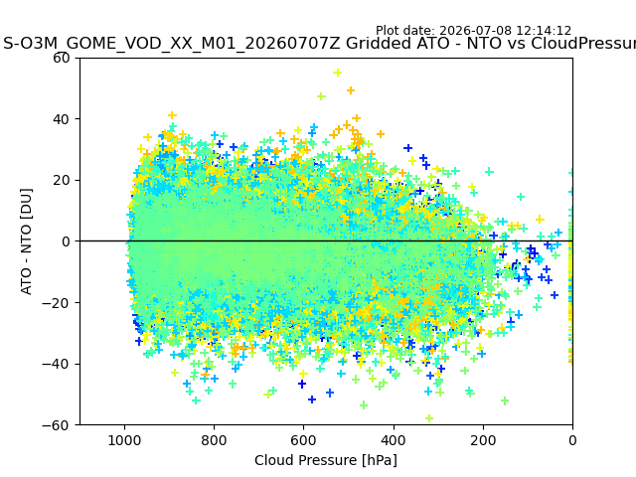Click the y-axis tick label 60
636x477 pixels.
61,58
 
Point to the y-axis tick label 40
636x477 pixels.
61,119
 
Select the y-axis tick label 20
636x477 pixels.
61,181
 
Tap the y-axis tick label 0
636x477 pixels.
66,241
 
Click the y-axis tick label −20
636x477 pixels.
56,303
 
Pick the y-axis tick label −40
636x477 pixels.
56,365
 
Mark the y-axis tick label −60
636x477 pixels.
56,425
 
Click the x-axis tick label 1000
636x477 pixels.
124,440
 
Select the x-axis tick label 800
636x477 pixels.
215,440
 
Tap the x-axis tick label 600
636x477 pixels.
304,440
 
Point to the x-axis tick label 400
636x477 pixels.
394,440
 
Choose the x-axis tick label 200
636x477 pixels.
483,440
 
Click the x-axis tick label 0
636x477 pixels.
572,440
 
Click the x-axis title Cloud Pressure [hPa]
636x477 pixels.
326,461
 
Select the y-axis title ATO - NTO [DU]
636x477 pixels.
27,241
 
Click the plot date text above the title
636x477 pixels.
473,31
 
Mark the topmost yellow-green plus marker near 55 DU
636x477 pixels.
338,73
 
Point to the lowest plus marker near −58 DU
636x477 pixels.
429,418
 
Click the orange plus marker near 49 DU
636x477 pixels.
351,90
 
